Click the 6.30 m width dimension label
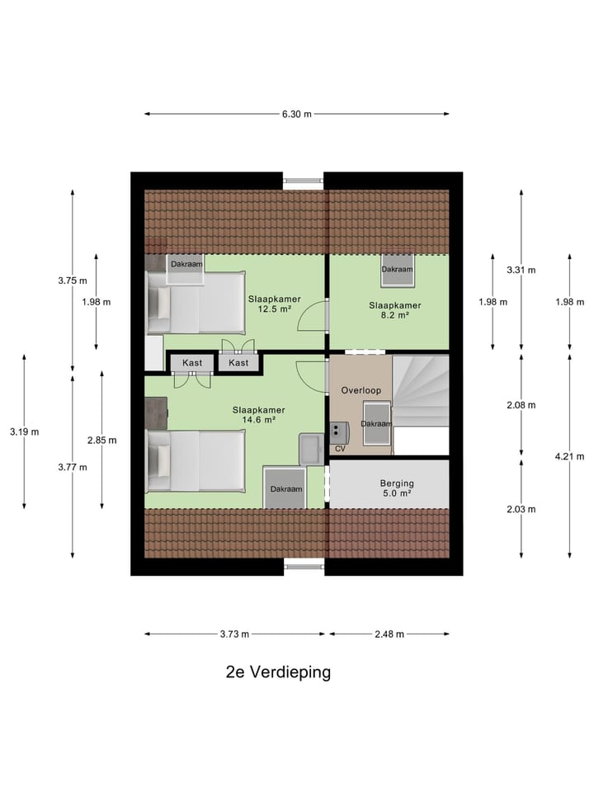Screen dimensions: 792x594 (x=297, y=114)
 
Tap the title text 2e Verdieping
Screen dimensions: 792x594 (x=278, y=672)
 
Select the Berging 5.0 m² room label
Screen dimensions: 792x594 (x=396, y=488)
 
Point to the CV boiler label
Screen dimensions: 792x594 (x=339, y=449)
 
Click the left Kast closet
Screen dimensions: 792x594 (x=192, y=363)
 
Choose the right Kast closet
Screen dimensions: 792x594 (x=238, y=363)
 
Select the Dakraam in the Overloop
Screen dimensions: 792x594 (x=376, y=422)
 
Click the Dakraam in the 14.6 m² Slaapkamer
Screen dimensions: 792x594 (x=285, y=488)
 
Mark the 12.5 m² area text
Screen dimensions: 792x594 (x=274, y=309)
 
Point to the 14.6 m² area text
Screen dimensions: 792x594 (x=258, y=420)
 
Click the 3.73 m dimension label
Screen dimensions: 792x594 (x=236, y=634)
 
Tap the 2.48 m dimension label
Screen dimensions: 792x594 (x=389, y=634)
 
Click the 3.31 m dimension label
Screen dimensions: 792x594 (x=521, y=270)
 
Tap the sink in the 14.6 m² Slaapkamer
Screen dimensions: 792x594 (x=313, y=448)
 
